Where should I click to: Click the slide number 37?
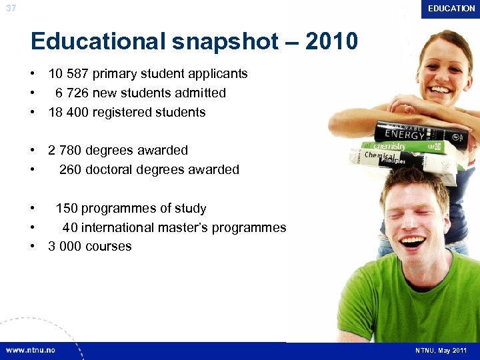pos(11,9)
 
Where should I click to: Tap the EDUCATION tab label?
pos(451,9)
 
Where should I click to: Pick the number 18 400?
pos(69,113)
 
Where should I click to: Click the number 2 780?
pos(70,151)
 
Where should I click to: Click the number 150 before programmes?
pos(67,209)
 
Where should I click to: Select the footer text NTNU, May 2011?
pos(441,350)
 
